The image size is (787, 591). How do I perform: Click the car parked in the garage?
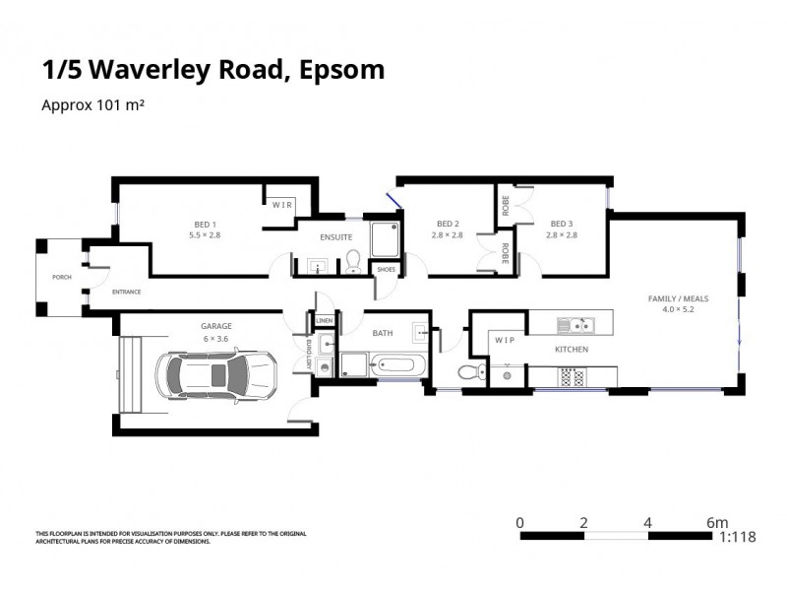click(215, 374)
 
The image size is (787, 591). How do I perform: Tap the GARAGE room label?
click(215, 326)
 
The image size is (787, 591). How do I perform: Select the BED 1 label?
click(205, 223)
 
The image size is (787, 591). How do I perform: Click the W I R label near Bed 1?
click(282, 205)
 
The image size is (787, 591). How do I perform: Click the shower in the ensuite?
click(382, 237)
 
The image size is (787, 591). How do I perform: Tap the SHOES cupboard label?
click(386, 269)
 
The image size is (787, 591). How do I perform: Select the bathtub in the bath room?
click(397, 366)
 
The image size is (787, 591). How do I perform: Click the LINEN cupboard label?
click(324, 320)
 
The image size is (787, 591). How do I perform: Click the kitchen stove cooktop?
click(572, 375)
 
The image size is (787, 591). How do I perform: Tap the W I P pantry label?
click(505, 340)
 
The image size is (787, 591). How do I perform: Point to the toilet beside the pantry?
click(471, 371)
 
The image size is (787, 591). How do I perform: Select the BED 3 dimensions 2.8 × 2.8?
click(562, 234)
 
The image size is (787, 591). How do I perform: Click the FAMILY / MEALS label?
click(677, 297)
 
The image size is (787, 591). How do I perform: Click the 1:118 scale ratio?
click(738, 538)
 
